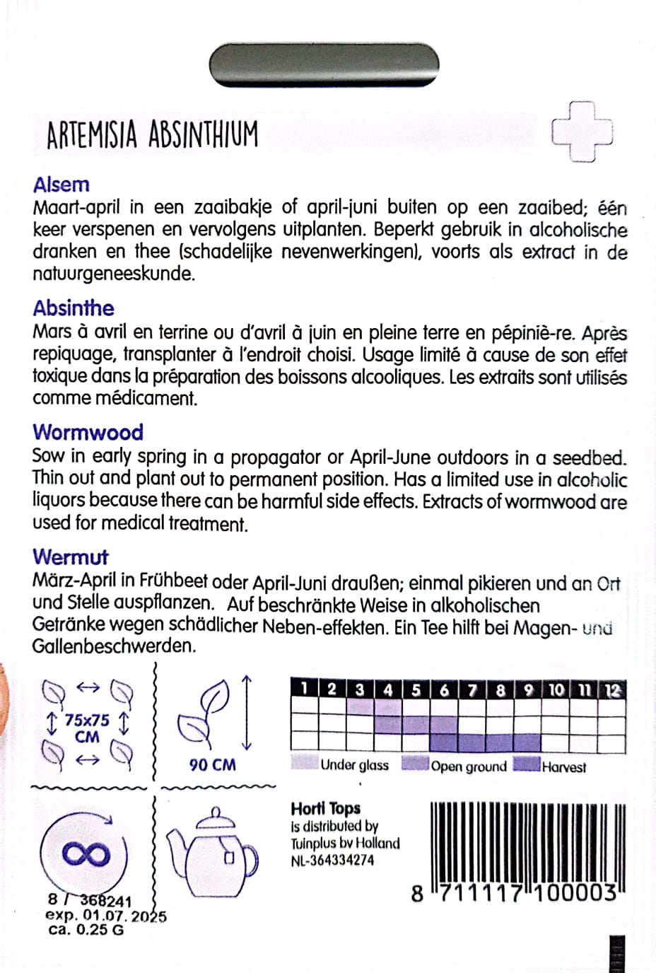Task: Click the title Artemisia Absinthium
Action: (152, 134)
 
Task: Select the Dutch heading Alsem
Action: (61, 185)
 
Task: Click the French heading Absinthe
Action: (74, 308)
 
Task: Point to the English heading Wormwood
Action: (88, 432)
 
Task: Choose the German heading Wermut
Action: (71, 557)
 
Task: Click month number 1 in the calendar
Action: (304, 688)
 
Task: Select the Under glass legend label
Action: (354, 765)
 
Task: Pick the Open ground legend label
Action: (469, 767)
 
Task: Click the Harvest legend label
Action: (563, 767)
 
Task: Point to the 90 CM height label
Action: (212, 764)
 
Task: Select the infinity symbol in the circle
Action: (86, 854)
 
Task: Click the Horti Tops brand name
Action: (325, 808)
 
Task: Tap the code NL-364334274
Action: (332, 861)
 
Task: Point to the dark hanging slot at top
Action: (324, 65)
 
